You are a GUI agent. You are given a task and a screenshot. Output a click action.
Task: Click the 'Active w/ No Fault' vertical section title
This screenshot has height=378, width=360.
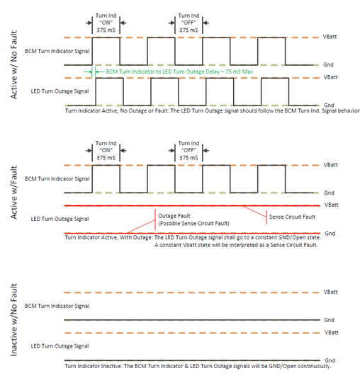(13, 64)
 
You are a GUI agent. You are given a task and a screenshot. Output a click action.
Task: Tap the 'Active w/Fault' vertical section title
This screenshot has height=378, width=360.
(13, 193)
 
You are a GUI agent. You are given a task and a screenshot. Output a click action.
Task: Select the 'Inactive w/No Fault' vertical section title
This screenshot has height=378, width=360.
(13, 320)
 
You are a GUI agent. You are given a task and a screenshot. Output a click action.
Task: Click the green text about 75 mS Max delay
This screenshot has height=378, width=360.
(179, 71)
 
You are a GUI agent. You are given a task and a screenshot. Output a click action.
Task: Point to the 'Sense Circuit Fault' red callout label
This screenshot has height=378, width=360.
(292, 217)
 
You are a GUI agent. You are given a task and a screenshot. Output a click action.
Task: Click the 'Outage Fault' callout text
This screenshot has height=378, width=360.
(174, 216)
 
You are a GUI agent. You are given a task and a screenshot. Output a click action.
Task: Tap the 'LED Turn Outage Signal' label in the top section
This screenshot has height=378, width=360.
(60, 91)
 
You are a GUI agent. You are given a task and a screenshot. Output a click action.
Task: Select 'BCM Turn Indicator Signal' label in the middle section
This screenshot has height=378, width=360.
(57, 179)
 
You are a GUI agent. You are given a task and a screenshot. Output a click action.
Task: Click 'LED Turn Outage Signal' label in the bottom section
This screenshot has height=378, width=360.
(60, 346)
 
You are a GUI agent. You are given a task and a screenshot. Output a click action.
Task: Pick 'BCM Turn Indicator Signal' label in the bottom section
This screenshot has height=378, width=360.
(57, 306)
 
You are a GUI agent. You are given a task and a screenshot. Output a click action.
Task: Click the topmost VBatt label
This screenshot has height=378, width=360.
(330, 37)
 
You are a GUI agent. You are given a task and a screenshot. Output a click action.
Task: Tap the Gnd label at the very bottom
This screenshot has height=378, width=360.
(330, 360)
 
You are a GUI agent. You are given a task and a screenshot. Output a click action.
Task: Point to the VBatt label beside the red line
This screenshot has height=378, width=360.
(332, 205)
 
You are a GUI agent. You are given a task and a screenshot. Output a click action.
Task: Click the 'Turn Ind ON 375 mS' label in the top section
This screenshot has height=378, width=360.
(106, 23)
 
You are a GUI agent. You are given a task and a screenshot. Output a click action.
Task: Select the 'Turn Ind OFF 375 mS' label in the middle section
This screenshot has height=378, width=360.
(189, 151)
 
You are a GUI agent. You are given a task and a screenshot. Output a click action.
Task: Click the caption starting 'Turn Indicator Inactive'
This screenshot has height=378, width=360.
(198, 366)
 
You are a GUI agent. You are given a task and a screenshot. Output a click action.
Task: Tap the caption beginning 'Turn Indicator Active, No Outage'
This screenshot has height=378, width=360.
(213, 111)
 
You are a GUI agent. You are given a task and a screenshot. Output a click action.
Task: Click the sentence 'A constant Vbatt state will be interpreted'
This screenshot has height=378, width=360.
(236, 245)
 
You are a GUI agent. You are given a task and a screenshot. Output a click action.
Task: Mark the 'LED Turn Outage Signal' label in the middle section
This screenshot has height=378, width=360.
(60, 219)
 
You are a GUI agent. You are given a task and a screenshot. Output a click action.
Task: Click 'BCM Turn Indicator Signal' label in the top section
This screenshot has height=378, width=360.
(57, 51)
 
